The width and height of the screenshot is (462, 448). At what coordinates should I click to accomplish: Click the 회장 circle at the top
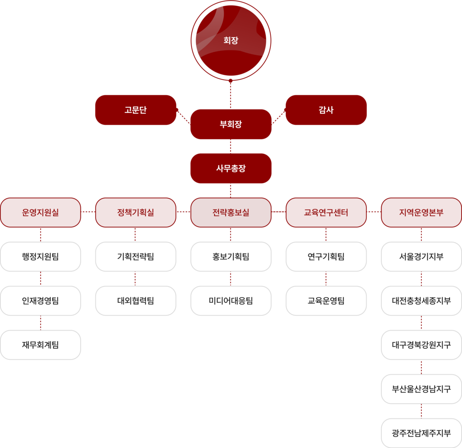tap(231, 40)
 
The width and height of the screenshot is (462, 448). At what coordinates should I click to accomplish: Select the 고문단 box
tap(135, 110)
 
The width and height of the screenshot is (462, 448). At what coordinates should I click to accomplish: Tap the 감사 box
tap(326, 110)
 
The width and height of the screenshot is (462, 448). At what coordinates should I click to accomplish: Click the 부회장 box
tap(231, 124)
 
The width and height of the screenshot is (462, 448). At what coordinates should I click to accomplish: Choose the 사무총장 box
tap(231, 168)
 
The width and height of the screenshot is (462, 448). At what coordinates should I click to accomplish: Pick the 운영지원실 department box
tap(40, 212)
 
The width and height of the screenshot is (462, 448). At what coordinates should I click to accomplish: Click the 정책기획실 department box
tap(135, 212)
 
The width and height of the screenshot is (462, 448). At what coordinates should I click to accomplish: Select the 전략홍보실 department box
tap(231, 212)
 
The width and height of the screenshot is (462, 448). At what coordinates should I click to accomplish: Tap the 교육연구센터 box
tap(326, 212)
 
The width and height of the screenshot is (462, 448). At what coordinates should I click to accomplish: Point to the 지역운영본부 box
tap(421, 212)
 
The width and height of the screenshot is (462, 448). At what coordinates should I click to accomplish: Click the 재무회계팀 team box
tap(40, 345)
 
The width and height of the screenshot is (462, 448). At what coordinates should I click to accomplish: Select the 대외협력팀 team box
tap(135, 301)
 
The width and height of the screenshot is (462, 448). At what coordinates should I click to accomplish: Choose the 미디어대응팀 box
tap(231, 301)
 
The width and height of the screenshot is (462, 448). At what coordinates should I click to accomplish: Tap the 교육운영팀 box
tap(326, 301)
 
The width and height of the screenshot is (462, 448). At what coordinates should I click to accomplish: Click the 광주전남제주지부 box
tap(421, 433)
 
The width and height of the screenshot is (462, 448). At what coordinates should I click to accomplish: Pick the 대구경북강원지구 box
tap(421, 345)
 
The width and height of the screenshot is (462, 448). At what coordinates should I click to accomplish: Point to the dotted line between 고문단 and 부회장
tap(183, 117)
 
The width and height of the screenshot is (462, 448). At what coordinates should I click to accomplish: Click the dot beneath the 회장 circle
tap(231, 80)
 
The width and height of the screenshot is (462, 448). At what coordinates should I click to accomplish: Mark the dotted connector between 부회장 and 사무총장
tap(231, 146)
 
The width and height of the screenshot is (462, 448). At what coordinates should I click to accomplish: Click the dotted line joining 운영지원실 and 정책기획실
tap(88, 212)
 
